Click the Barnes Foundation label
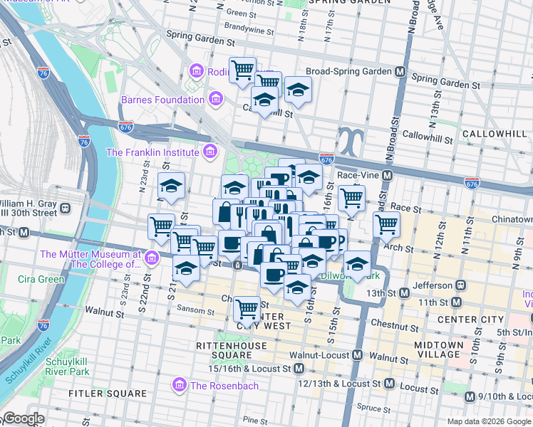click(x=162, y=100)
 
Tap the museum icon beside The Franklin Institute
click(x=209, y=152)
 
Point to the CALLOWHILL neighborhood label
click(x=495, y=134)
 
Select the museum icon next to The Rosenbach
click(x=180, y=386)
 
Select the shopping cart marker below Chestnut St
click(x=247, y=310)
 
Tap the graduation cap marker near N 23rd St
click(x=171, y=186)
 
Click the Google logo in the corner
click(x=23, y=418)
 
